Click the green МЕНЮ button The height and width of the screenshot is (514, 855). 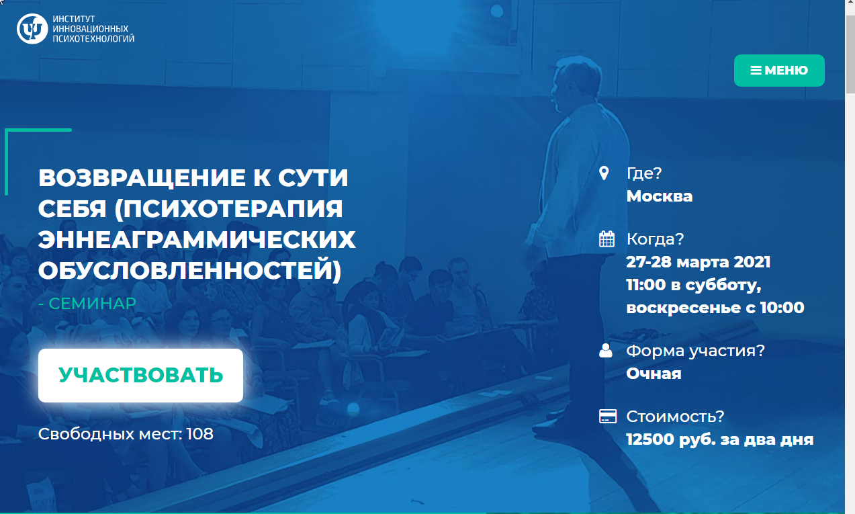(779, 71)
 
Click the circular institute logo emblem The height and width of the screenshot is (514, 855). (32, 29)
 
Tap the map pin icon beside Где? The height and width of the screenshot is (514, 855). (604, 173)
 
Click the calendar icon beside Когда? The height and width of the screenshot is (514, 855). (606, 239)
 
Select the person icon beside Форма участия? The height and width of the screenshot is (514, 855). (606, 350)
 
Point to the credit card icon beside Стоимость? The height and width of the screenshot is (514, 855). (608, 417)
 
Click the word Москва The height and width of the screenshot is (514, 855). (659, 196)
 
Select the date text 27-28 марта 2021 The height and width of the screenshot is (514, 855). (698, 262)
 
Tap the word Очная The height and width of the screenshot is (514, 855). (654, 374)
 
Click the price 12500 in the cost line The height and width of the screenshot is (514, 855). (650, 439)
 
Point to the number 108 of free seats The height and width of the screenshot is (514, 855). (199, 434)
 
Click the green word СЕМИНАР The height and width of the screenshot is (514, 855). (93, 304)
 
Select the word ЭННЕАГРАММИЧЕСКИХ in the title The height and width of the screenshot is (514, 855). (197, 240)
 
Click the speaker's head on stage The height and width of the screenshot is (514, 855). (578, 82)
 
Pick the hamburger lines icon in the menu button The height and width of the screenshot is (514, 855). (756, 71)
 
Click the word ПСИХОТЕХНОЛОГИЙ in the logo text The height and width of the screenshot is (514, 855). (93, 38)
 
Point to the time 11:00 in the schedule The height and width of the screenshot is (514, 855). (646, 285)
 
